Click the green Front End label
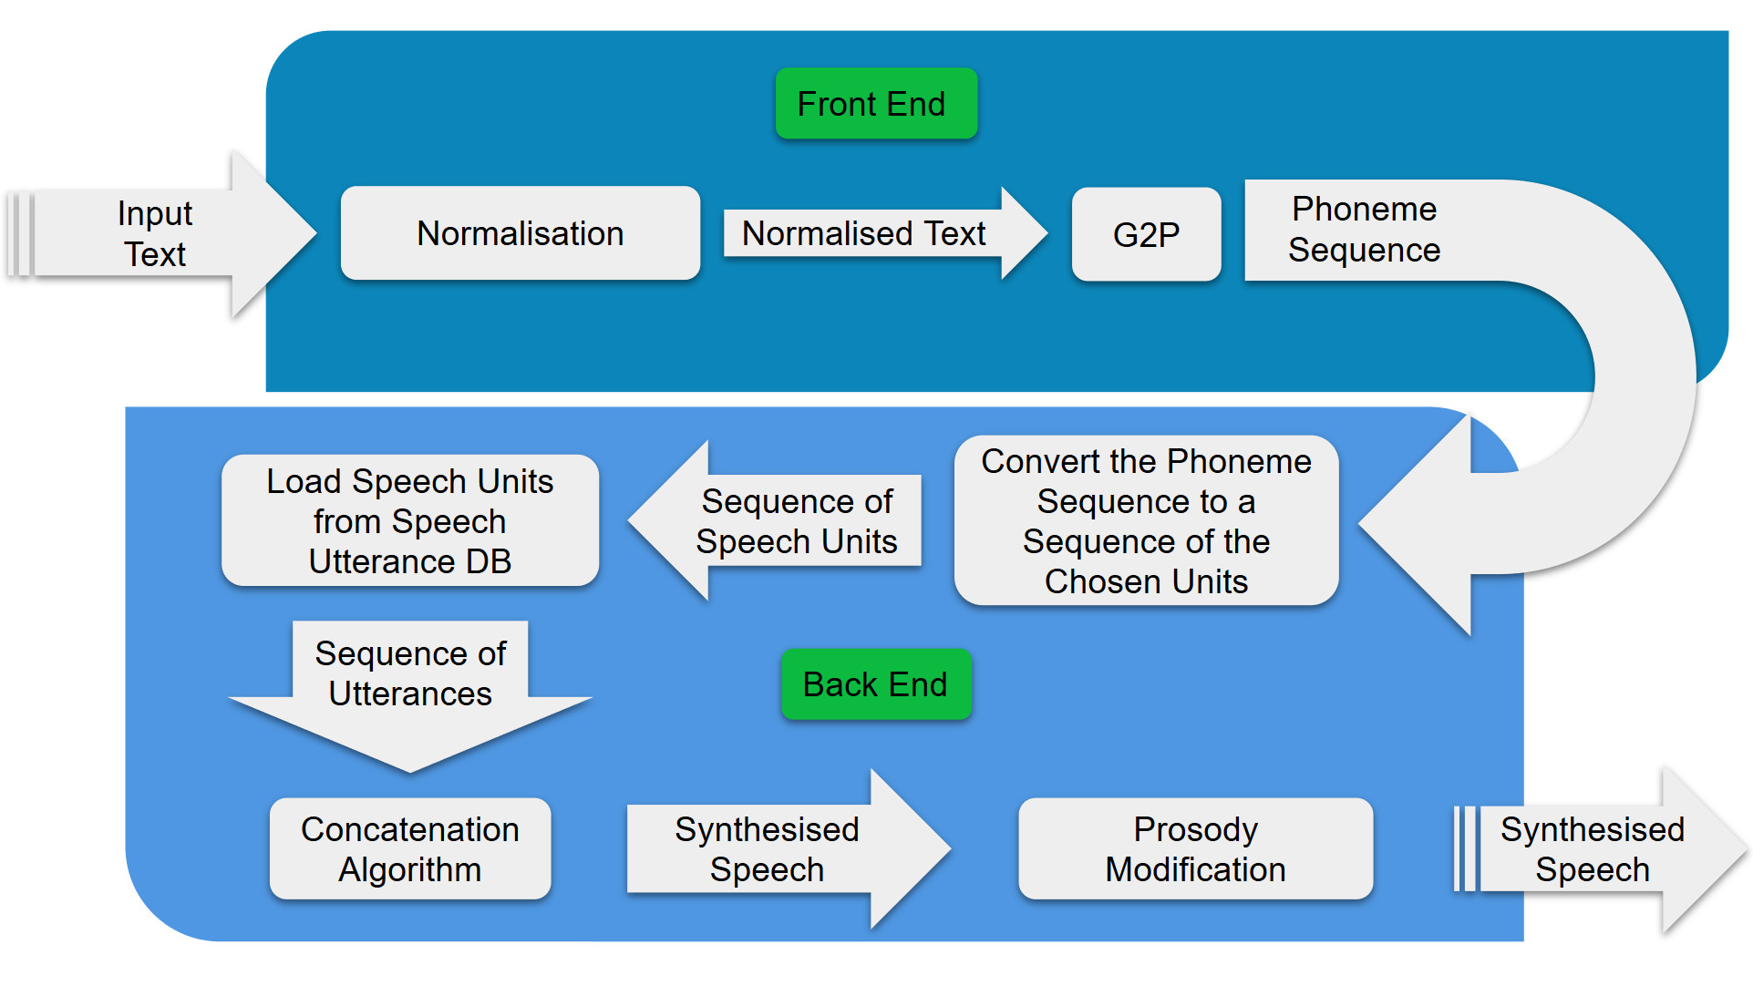click(875, 104)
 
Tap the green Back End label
click(875, 684)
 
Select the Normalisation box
click(520, 233)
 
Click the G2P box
click(1146, 235)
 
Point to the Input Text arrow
click(155, 234)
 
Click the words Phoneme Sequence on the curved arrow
click(1364, 230)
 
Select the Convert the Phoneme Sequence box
click(1146, 520)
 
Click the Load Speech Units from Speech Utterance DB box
click(410, 520)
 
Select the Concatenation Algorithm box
click(410, 848)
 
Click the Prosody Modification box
click(1195, 848)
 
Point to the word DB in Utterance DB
click(488, 561)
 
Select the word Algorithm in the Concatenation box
click(410, 869)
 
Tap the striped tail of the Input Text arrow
click(20, 234)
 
